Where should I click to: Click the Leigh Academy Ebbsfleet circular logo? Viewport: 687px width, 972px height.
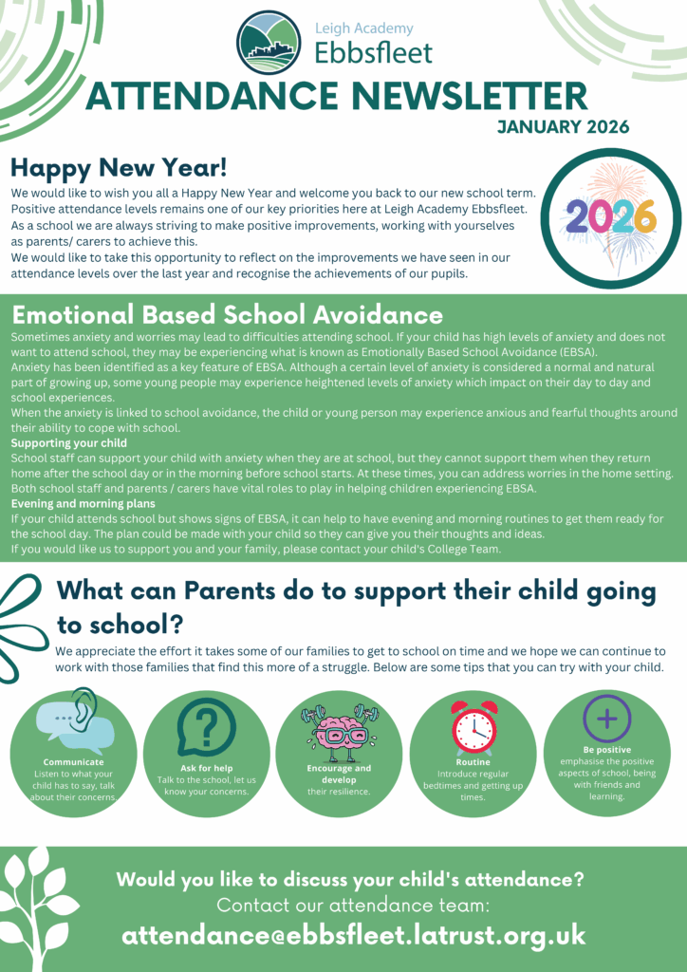[269, 43]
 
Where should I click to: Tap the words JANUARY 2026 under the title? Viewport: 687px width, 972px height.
[563, 127]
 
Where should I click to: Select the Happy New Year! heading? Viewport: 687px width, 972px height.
[119, 169]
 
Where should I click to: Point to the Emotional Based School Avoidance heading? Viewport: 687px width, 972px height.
[227, 315]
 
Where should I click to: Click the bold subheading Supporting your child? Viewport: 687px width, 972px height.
[68, 443]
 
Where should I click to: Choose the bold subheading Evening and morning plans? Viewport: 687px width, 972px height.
[84, 504]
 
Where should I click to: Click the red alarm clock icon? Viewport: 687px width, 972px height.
[473, 728]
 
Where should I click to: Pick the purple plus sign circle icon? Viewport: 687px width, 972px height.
[606, 719]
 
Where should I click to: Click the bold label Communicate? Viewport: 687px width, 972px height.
[74, 762]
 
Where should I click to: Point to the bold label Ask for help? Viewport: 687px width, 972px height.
[206, 768]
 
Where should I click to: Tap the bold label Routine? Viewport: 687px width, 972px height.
[473, 762]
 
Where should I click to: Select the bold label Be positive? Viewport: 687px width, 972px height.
[606, 749]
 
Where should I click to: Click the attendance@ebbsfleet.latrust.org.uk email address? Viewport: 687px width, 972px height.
[354, 935]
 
